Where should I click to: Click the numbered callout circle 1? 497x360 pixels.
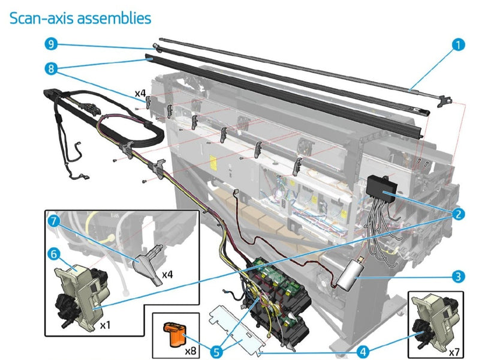[x=459, y=45]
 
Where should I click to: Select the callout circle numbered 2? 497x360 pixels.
[x=459, y=214]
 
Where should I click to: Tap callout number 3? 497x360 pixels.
[x=459, y=277]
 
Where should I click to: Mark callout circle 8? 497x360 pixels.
[x=52, y=68]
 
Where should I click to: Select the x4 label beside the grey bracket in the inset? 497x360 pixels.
[x=167, y=274]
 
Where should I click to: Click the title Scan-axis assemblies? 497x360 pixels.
[x=80, y=18]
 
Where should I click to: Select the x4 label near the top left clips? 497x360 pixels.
[x=140, y=93]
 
